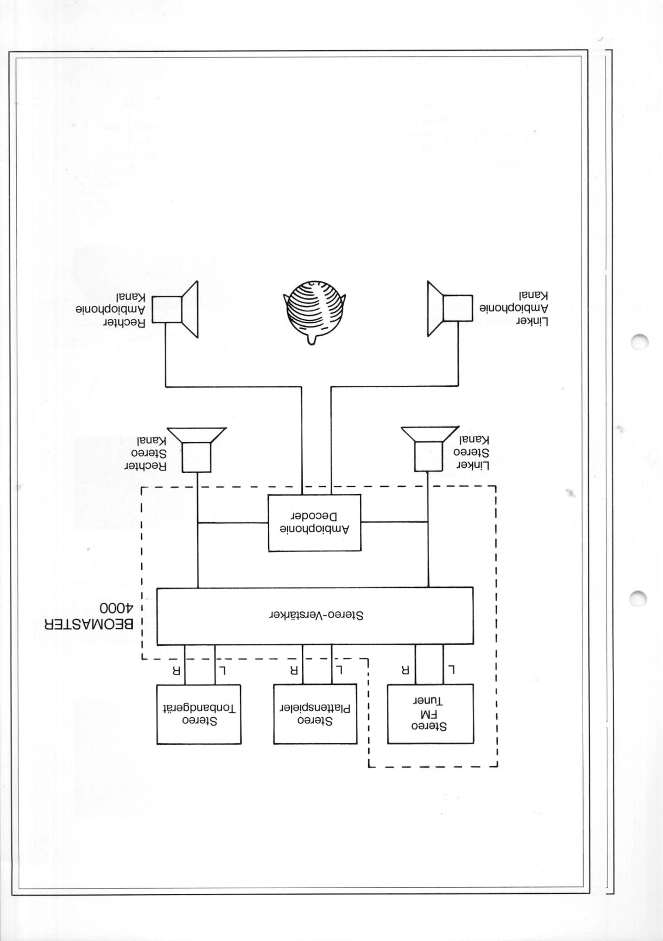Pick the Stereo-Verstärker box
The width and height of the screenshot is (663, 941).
pos(315,616)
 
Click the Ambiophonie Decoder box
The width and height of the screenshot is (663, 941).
pos(315,523)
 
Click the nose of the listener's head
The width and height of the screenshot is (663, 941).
pos(312,340)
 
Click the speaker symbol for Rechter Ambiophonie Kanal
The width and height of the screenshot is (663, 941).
pos(175,309)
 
